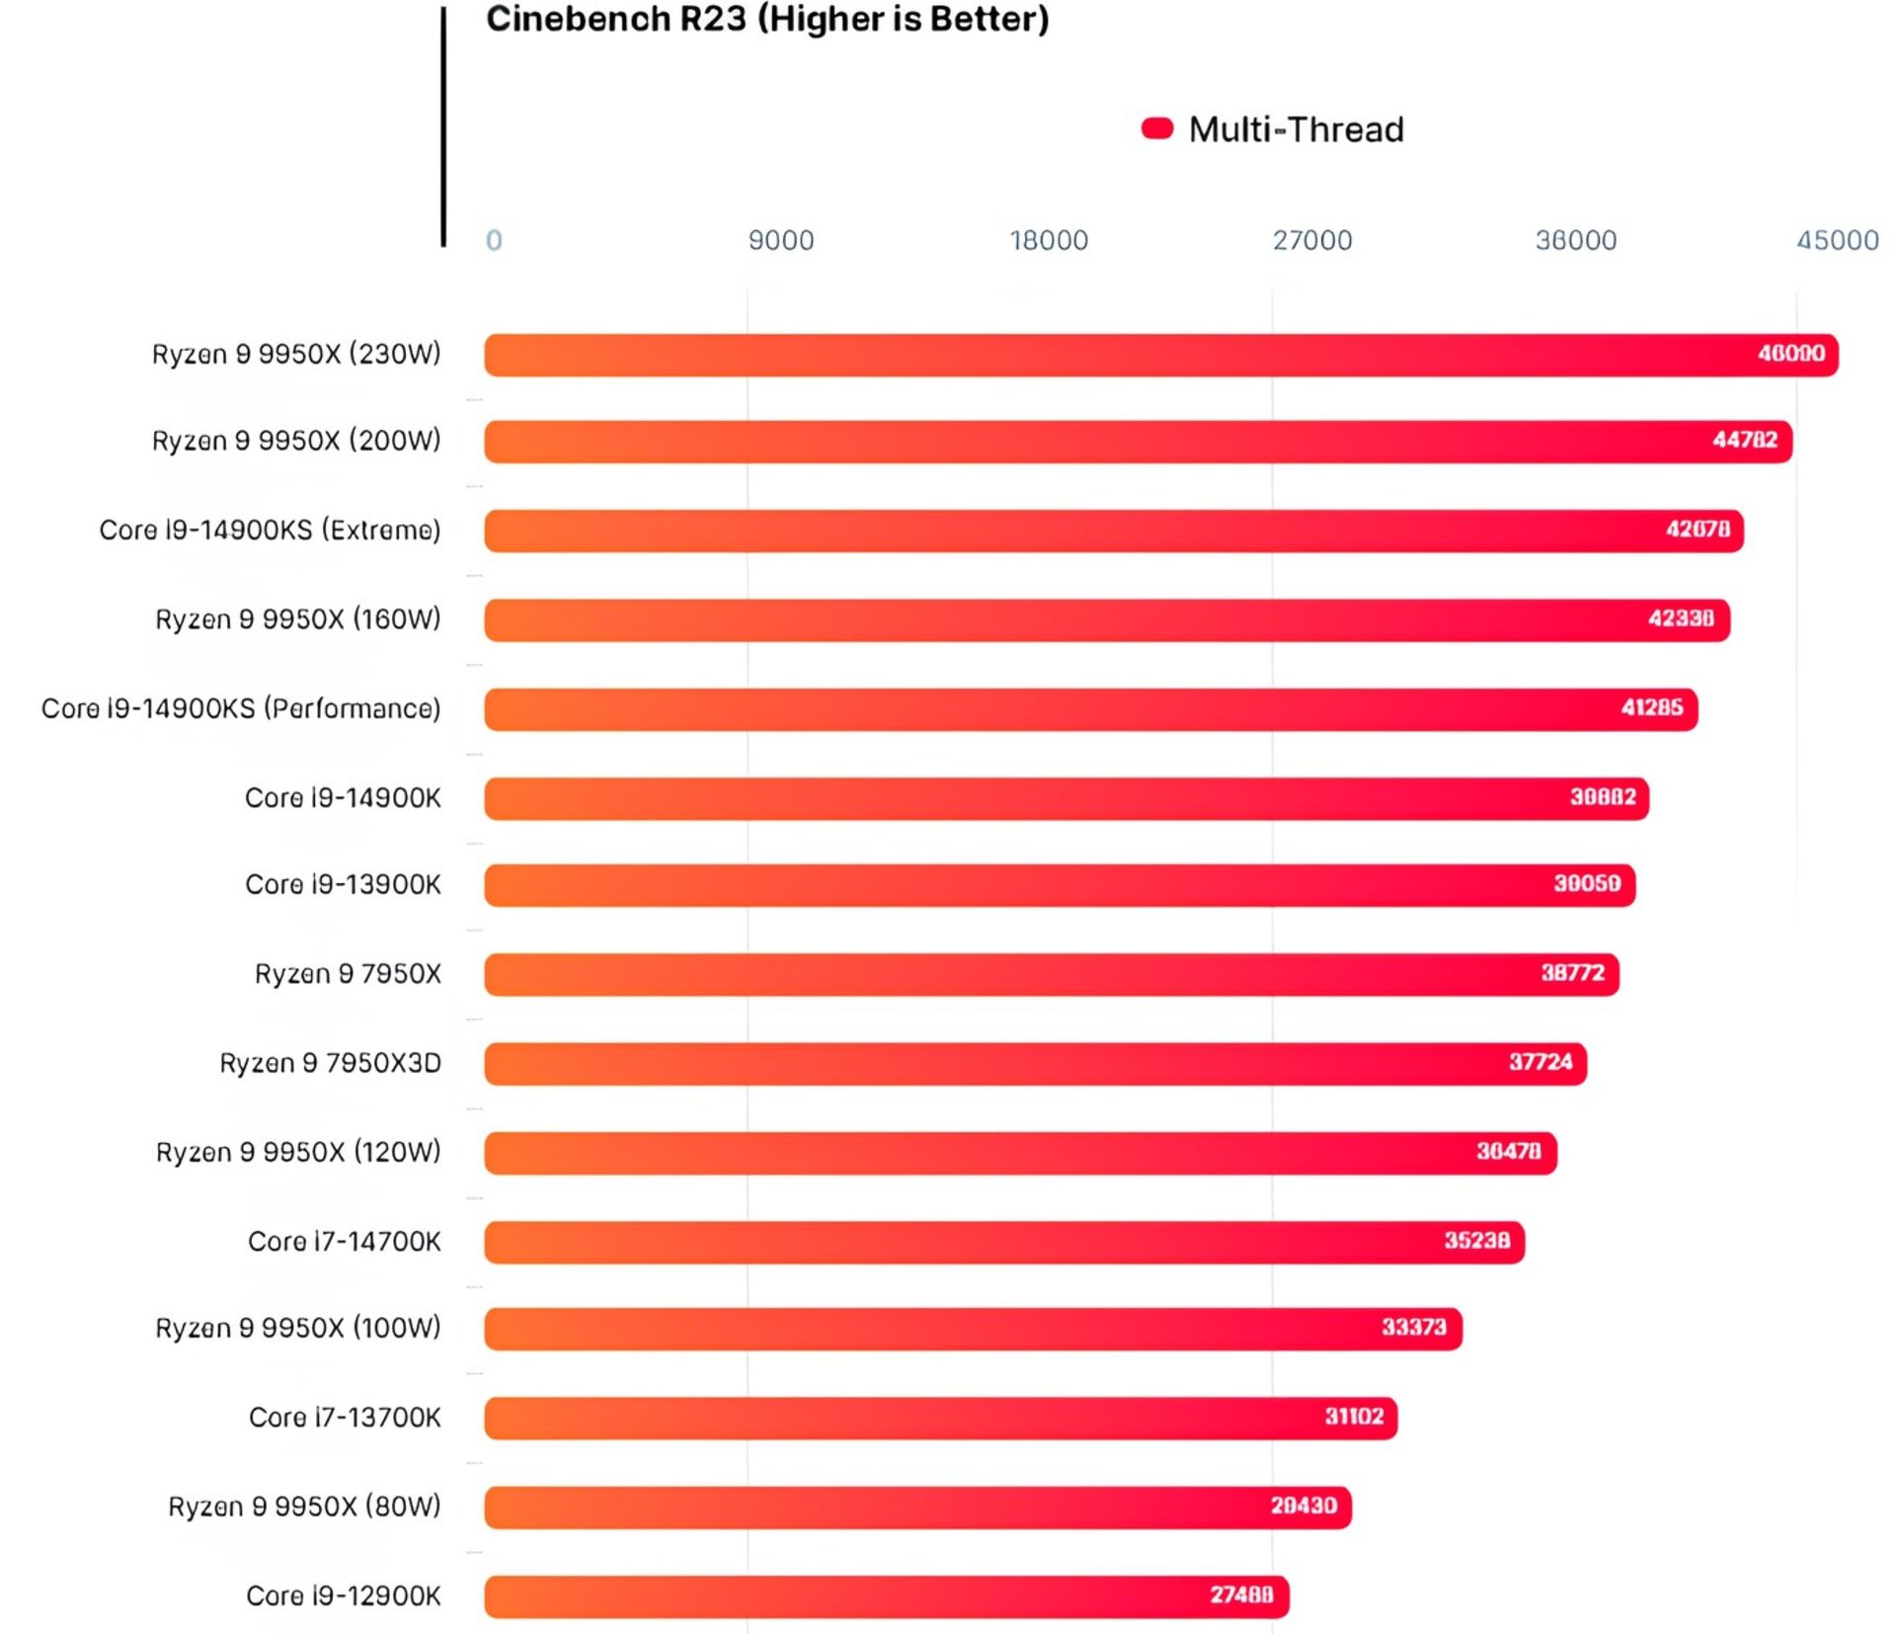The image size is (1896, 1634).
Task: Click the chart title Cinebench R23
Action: tap(767, 20)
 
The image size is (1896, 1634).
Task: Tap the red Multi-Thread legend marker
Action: tap(1156, 128)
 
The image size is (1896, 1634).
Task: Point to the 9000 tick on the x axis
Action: tap(780, 240)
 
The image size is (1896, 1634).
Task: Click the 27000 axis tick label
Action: tap(1311, 240)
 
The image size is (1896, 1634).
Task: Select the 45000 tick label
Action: tap(1837, 240)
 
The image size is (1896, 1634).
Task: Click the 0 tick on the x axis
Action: tap(494, 240)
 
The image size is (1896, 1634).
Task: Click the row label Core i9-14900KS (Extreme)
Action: tap(270, 531)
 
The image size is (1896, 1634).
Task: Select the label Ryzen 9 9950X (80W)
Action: tap(304, 1507)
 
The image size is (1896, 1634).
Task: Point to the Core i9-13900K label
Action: tap(343, 884)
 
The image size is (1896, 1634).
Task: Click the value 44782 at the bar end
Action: tap(1744, 441)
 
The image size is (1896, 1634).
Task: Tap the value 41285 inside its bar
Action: tap(1651, 708)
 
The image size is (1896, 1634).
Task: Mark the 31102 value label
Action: tap(1354, 1417)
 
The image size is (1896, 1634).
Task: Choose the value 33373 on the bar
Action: tap(1413, 1327)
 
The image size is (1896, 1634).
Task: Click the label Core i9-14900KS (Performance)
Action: tap(241, 708)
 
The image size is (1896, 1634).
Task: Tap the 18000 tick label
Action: tap(1049, 240)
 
